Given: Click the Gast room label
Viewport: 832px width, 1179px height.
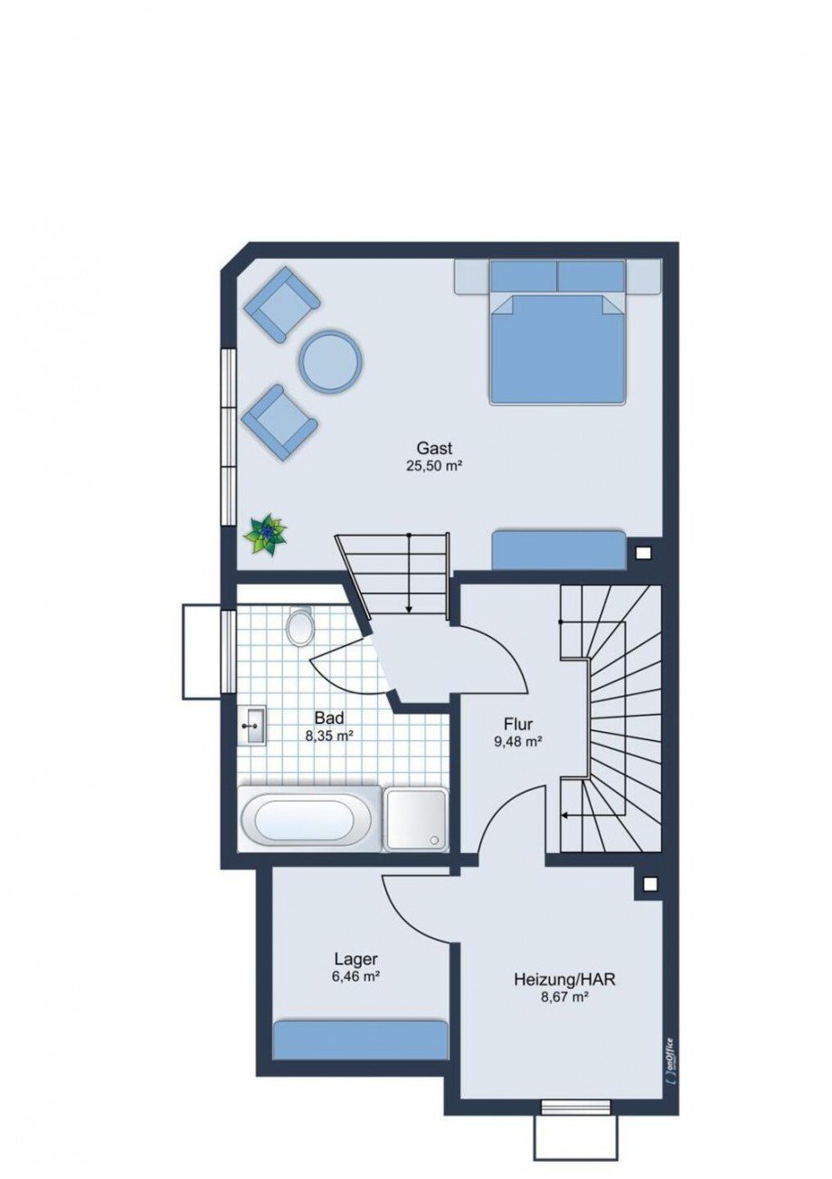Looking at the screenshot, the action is [434, 448].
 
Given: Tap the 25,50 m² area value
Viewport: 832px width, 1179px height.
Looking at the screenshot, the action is [434, 466].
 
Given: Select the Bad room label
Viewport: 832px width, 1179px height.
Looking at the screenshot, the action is [329, 718].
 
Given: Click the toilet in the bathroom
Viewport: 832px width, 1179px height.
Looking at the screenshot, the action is [300, 625].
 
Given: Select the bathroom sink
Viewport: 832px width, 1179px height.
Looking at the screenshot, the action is [253, 727].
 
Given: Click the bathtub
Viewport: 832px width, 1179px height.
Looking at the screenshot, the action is [310, 826].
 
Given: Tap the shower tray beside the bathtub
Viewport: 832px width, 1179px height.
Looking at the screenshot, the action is [416, 826].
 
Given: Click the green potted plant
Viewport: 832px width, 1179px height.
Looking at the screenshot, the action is [266, 533].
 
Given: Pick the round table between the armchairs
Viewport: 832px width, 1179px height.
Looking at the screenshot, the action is [331, 360].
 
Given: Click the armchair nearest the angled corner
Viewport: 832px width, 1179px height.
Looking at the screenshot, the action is [281, 304].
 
